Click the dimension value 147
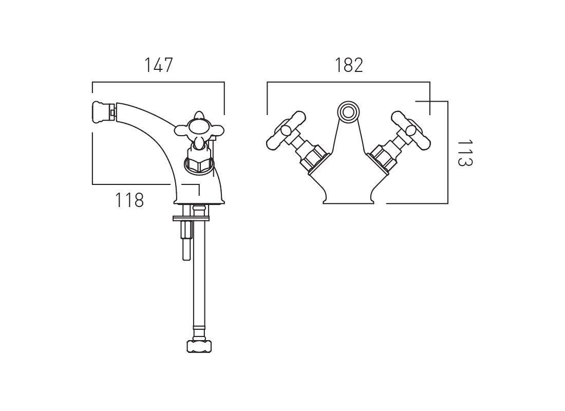[x=159, y=65]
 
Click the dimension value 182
[x=349, y=65]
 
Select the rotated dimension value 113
[x=464, y=153]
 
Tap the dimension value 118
[x=129, y=200]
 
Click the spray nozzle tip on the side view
[x=103, y=110]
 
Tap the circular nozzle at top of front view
[x=348, y=111]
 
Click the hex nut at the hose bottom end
[x=199, y=346]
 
